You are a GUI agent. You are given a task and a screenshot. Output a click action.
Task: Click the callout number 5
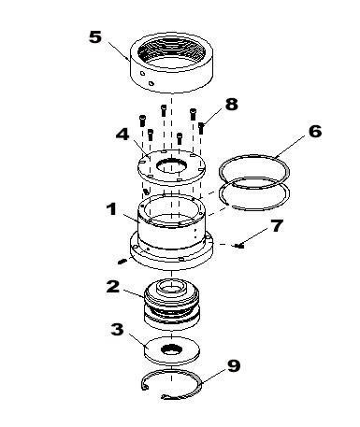(x=95, y=37)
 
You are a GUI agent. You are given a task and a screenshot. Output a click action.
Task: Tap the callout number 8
(x=232, y=105)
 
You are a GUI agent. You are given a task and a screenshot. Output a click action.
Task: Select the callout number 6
(x=315, y=131)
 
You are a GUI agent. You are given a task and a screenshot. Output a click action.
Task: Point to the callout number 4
(x=122, y=134)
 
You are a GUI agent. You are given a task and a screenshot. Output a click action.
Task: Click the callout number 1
(x=112, y=209)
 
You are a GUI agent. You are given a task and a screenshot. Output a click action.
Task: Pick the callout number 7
(x=277, y=226)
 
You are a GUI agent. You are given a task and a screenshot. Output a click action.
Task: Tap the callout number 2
(x=113, y=287)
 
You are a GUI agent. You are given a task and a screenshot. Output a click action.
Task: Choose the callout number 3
(x=117, y=329)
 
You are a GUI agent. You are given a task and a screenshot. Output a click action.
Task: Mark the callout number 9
(x=234, y=365)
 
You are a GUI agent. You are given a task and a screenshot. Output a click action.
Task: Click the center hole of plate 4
(x=171, y=165)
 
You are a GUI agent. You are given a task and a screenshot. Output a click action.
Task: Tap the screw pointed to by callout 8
(x=201, y=128)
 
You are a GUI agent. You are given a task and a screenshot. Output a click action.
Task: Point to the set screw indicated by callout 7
(x=239, y=246)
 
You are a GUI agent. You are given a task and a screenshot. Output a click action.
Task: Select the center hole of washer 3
(x=171, y=349)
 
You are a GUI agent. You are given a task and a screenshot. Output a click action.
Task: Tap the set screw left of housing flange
(x=122, y=261)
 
